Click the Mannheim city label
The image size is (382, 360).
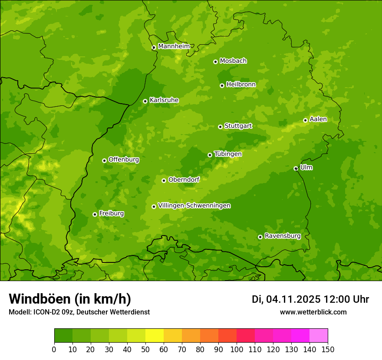pos(174,46)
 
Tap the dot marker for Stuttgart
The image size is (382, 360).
pos(220,127)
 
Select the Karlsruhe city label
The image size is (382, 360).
pos(164,100)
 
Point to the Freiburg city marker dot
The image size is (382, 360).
pos(95,214)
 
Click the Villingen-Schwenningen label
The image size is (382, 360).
pos(194,206)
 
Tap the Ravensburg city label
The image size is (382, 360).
pos(283,236)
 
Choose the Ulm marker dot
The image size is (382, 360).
pos(296,168)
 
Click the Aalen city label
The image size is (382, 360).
pos(318,119)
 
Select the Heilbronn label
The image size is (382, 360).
pos(241,85)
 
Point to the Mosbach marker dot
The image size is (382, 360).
pos(215,62)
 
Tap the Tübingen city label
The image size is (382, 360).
pos(228,154)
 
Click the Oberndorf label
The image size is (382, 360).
pos(184,180)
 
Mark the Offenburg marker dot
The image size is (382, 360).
pos(104,160)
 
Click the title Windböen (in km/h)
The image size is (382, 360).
pos(69,299)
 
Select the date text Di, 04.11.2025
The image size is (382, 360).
pos(286,299)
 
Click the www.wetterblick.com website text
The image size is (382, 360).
pos(313,312)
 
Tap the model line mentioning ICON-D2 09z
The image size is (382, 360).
pos(79,312)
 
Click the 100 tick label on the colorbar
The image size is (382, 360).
pos(237,349)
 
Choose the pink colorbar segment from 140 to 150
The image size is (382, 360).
pos(319,336)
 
